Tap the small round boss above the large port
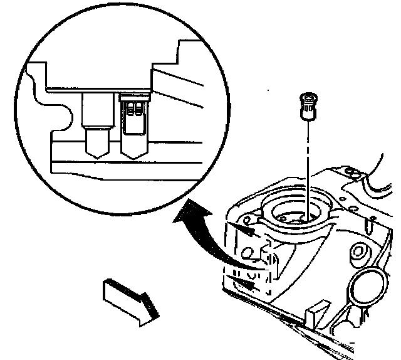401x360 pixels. [359, 252]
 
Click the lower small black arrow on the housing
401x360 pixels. [246, 283]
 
